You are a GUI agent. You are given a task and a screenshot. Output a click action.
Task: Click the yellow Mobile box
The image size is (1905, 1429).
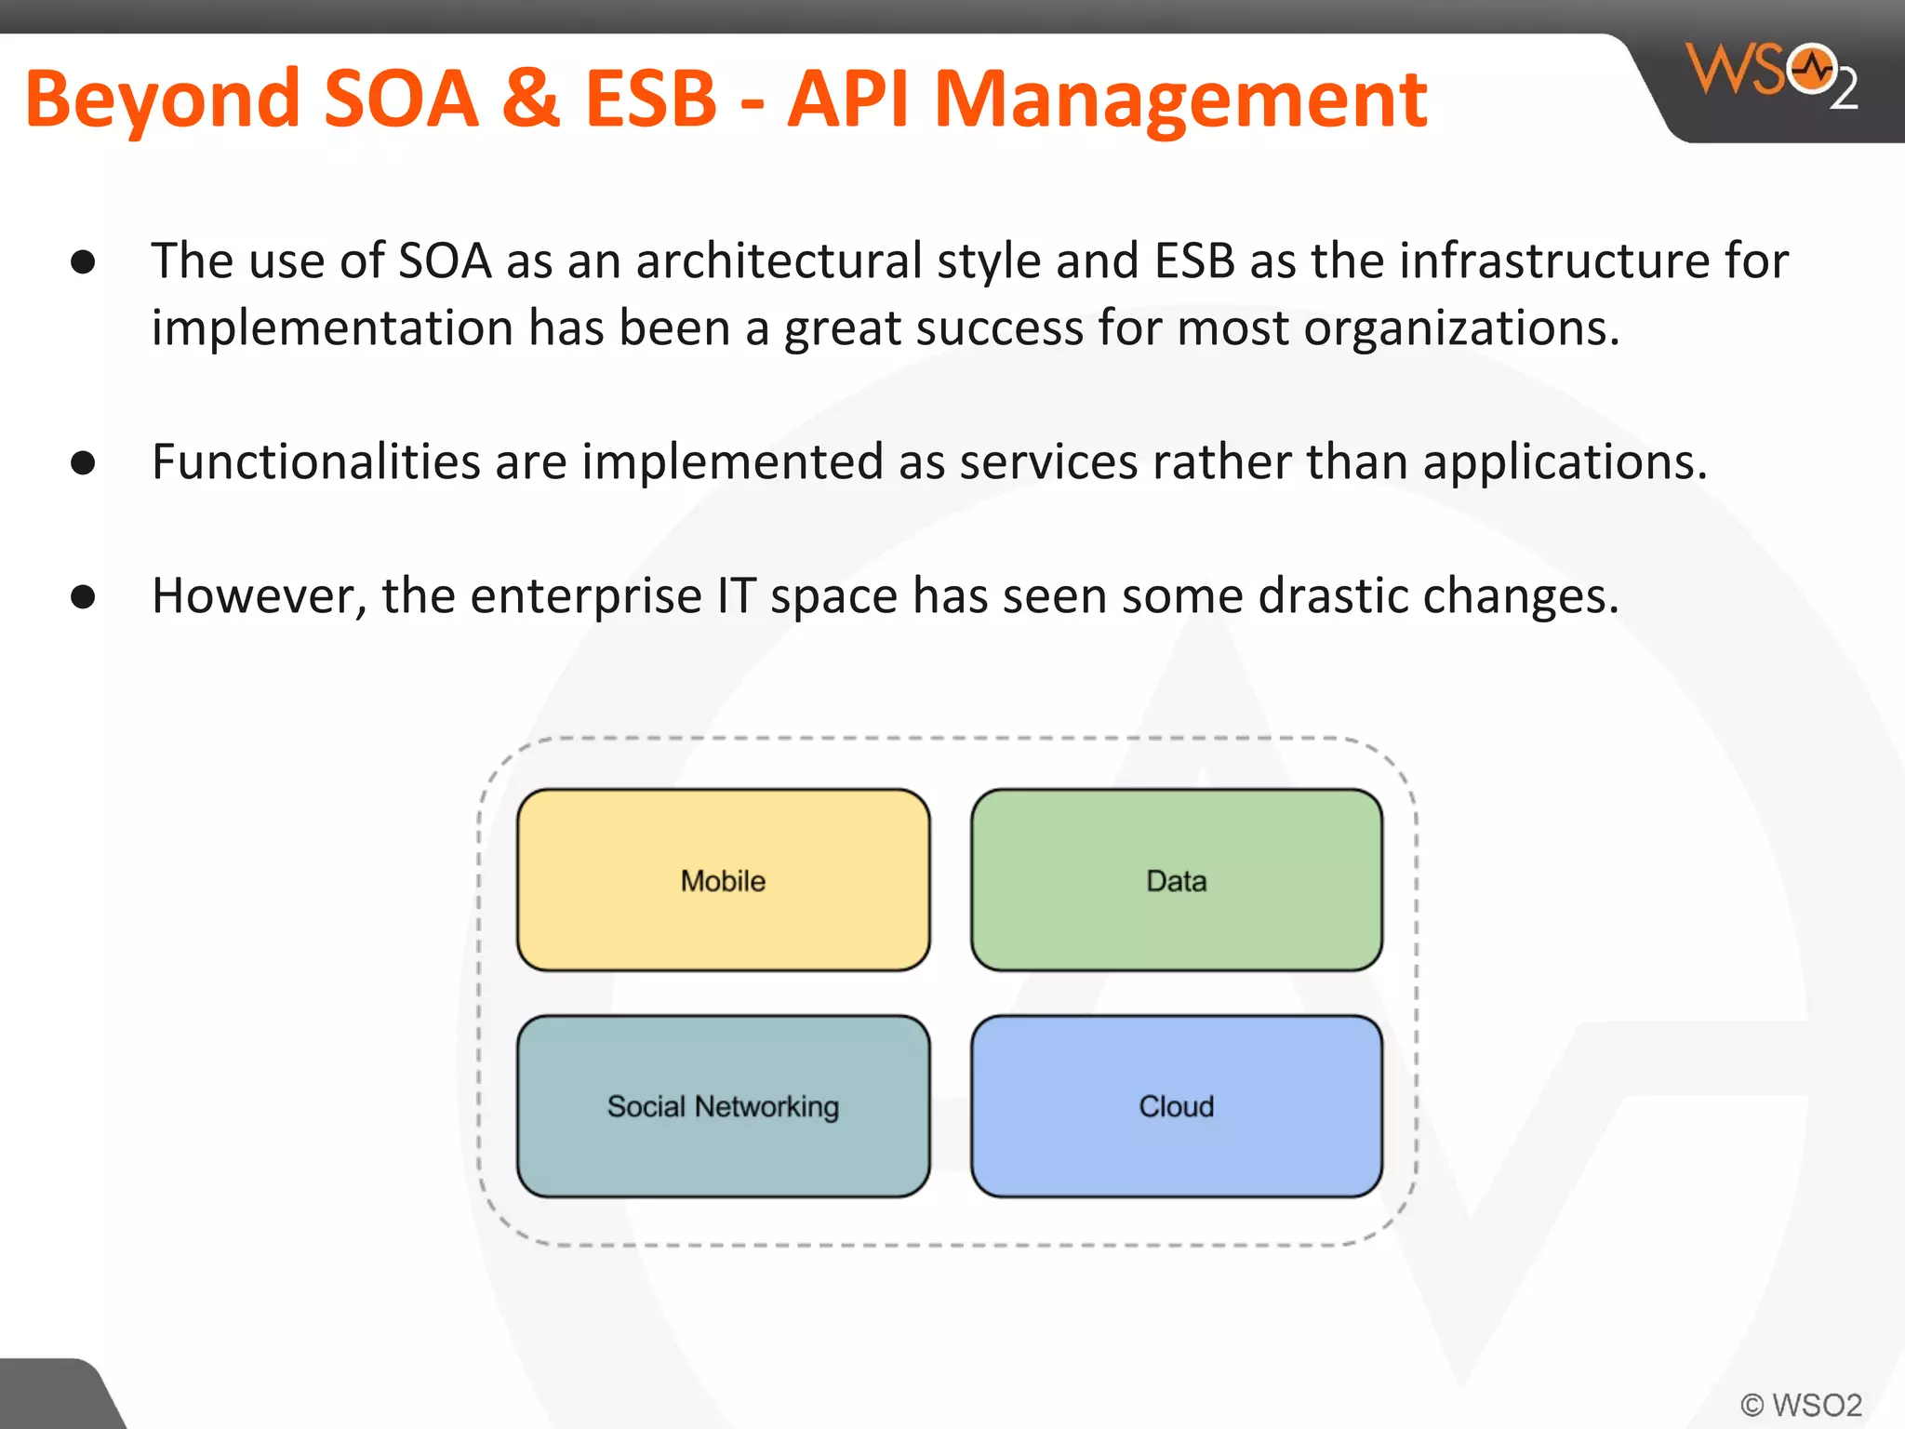click(x=723, y=880)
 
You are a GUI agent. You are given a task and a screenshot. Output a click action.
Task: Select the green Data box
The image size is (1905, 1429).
click(x=1176, y=880)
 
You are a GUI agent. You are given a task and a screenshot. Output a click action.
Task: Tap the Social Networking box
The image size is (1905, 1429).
click(x=723, y=1106)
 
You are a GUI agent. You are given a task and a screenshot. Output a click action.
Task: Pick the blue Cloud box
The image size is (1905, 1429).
click(x=1176, y=1106)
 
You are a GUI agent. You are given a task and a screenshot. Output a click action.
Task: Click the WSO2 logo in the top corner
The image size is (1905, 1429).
click(x=1771, y=74)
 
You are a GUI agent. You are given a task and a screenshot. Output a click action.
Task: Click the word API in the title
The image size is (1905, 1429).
click(x=846, y=100)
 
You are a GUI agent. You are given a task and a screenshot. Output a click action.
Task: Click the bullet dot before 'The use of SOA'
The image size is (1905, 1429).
click(x=83, y=262)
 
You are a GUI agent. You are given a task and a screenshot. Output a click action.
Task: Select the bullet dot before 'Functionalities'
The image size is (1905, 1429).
click(x=83, y=462)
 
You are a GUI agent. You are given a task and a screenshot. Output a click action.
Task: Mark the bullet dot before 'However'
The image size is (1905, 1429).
click(x=83, y=596)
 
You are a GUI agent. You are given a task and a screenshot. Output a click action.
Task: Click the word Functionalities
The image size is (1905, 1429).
click(x=315, y=461)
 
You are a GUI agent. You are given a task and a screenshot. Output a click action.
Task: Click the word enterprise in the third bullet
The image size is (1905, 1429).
click(x=585, y=596)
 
